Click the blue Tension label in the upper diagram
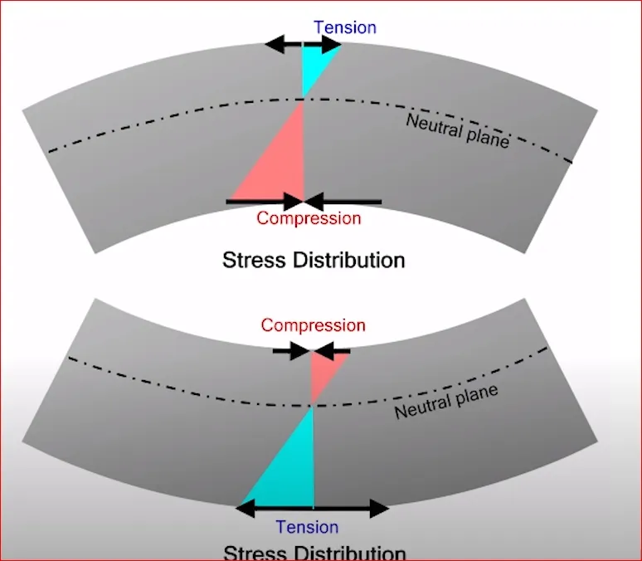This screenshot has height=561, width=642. tap(345, 27)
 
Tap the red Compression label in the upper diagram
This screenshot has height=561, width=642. tap(309, 218)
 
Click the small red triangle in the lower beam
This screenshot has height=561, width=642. tap(323, 372)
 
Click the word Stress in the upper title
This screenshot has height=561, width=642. tap(255, 260)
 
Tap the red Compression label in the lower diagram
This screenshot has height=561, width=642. tap(313, 325)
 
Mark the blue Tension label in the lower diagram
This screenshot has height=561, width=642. tap(307, 527)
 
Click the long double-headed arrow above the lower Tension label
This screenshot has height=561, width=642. tap(313, 507)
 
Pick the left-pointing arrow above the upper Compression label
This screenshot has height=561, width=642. tap(343, 201)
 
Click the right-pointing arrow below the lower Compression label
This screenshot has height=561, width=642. tap(291, 351)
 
